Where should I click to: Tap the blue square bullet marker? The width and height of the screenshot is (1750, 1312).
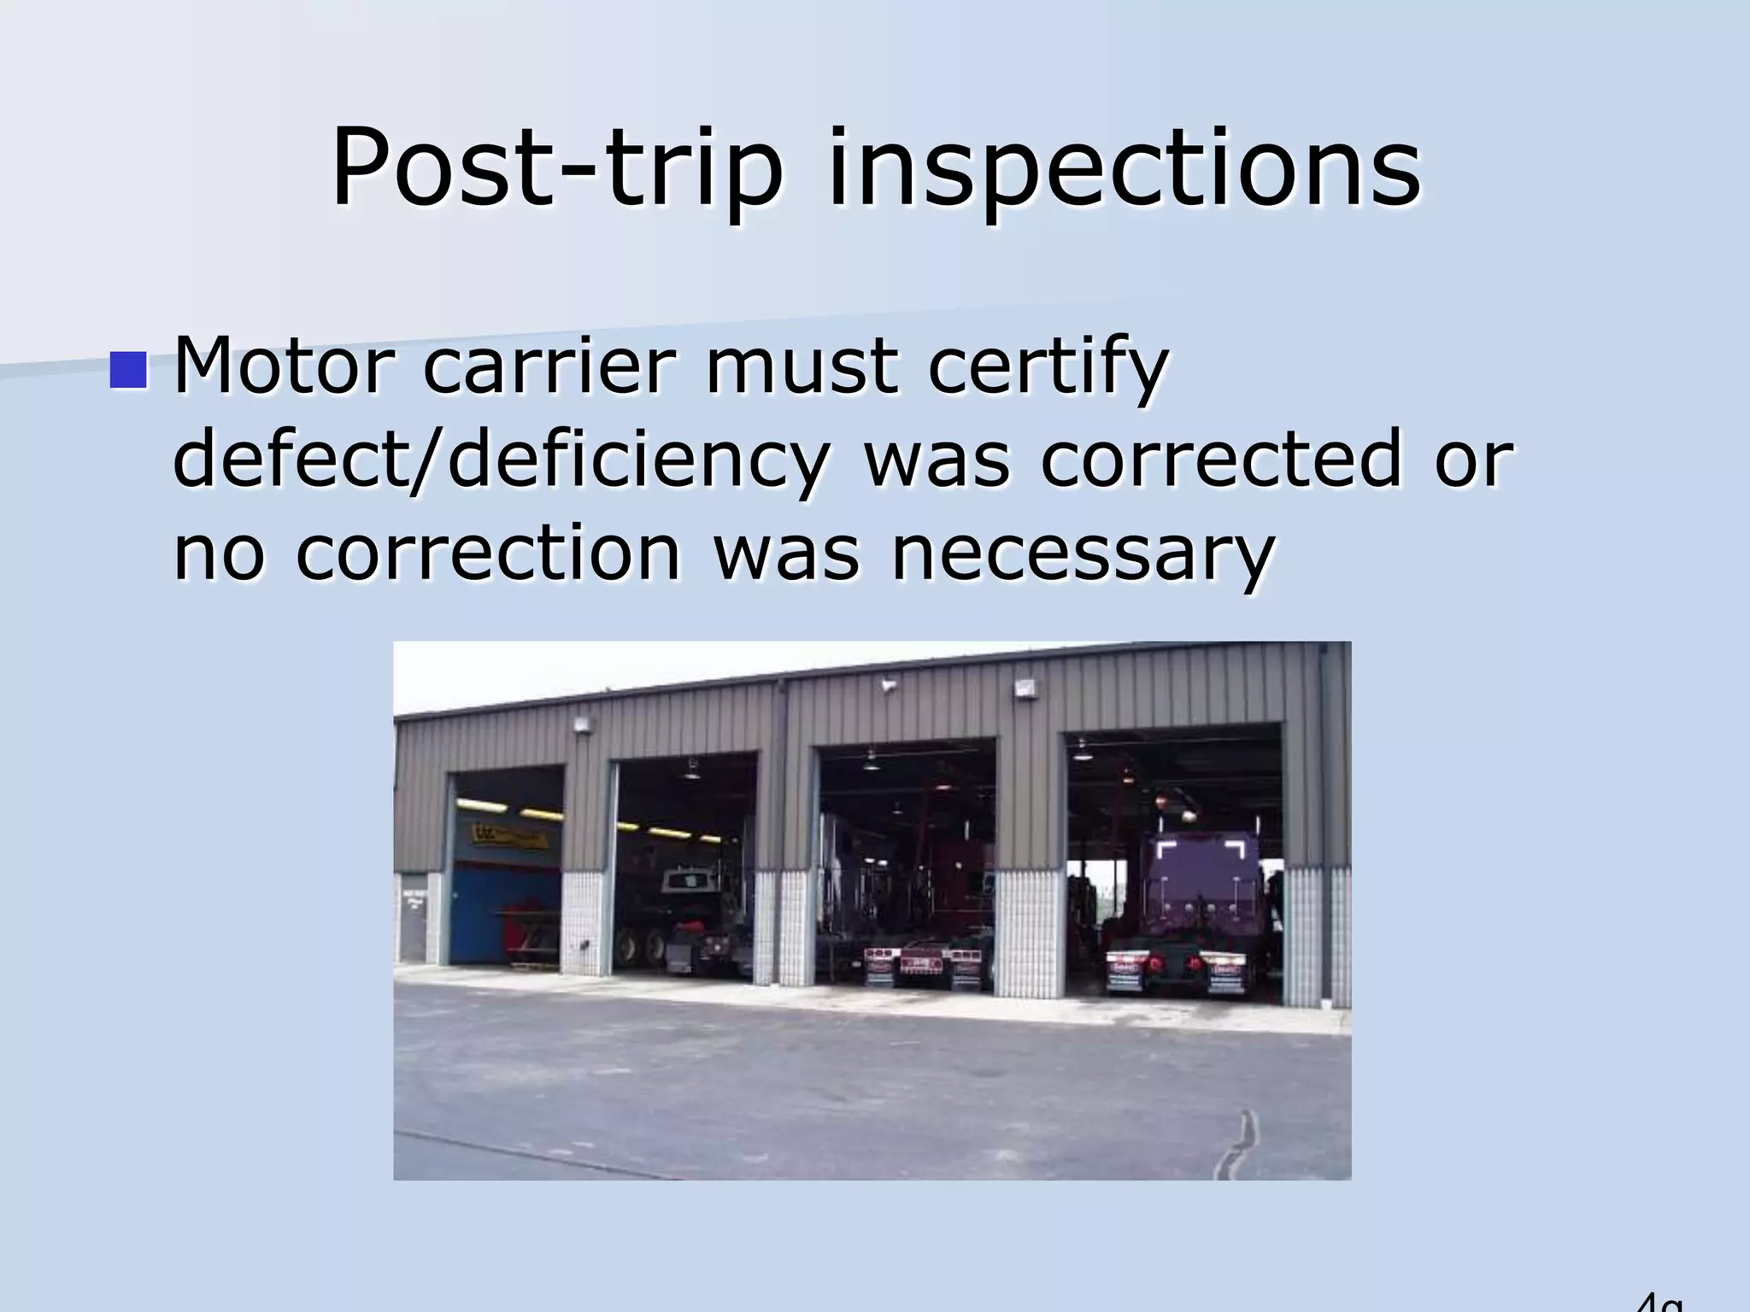coord(128,370)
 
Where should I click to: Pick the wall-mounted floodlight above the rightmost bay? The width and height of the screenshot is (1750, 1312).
coord(1025,688)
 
